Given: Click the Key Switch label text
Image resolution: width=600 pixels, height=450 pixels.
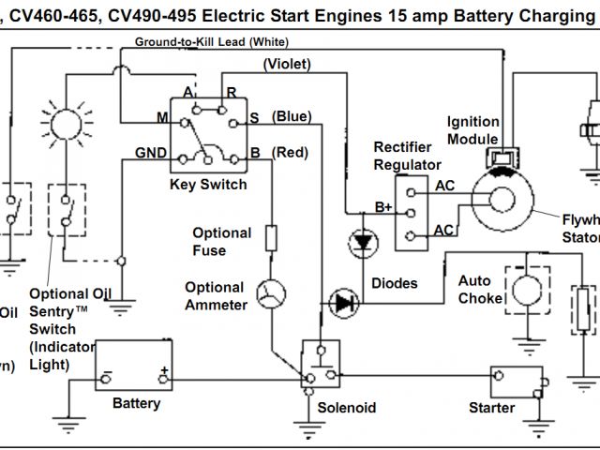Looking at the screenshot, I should point(208,185).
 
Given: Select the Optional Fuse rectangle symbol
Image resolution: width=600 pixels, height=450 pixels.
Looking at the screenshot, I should point(272,238).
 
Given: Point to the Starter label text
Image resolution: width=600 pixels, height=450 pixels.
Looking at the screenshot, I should point(492,408).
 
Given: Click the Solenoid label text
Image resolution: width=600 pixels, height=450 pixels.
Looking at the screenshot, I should point(346,408).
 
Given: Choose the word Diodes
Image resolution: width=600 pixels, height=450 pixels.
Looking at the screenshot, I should point(395,283).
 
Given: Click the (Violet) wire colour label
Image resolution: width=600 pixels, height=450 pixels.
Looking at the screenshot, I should point(287,64).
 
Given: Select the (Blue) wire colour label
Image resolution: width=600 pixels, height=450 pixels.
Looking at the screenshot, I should point(292,116).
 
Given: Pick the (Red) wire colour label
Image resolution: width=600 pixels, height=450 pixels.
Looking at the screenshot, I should point(289,152).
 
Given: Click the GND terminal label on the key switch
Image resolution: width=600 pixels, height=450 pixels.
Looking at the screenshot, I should point(151,153).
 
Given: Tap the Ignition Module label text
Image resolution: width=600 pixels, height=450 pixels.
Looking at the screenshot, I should point(472,130).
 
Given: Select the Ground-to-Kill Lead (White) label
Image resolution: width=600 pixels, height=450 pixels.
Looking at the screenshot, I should point(211,42).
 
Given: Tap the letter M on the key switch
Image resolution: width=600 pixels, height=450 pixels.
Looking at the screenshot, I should point(160,116).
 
